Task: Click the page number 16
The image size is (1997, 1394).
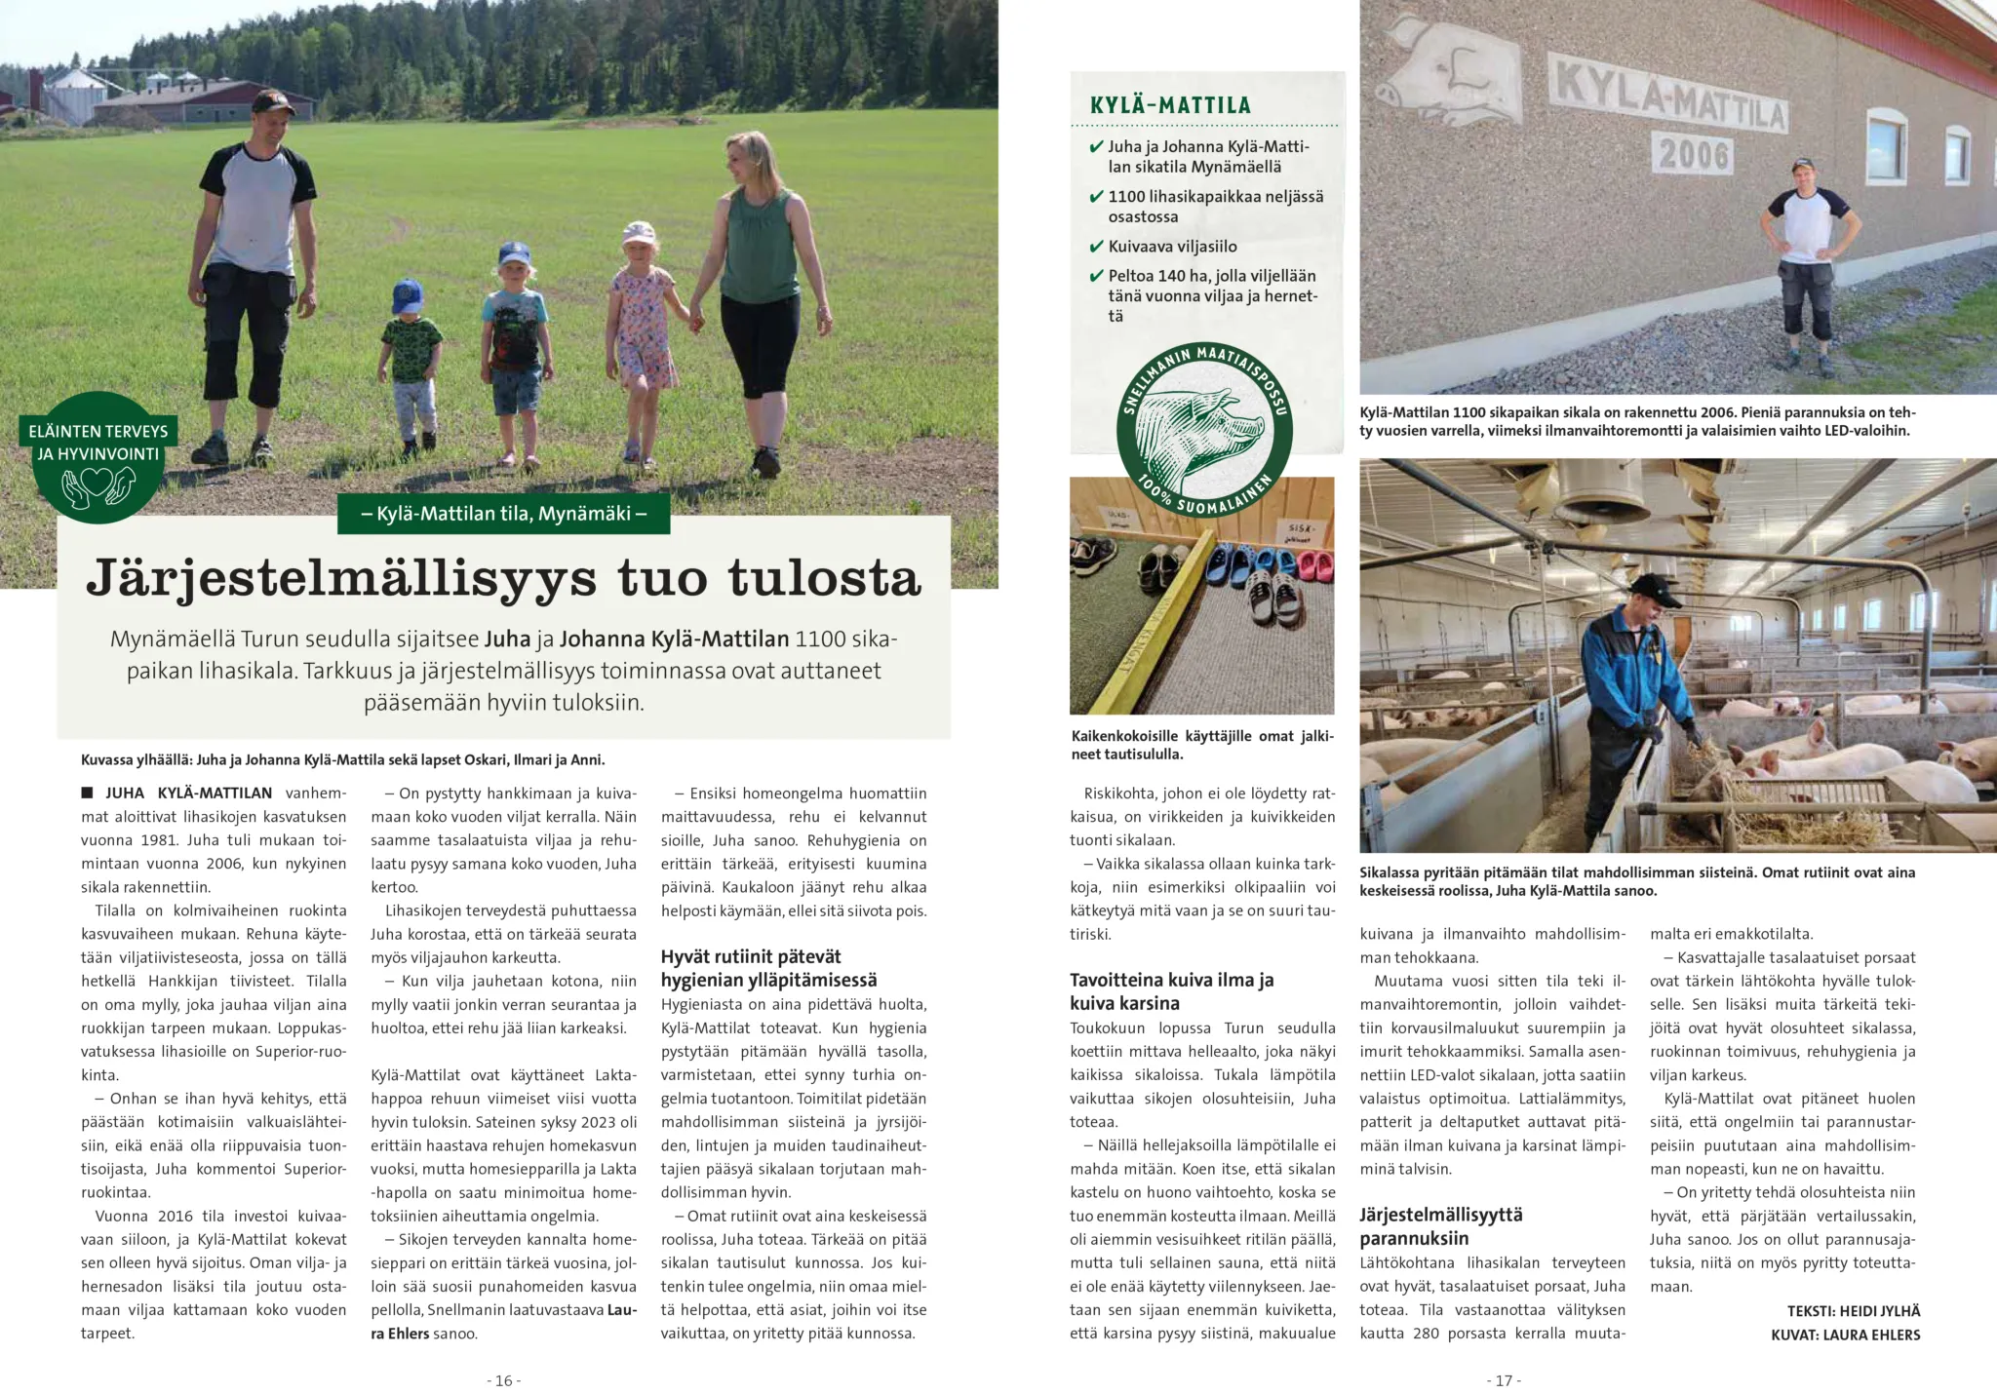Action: (x=503, y=1380)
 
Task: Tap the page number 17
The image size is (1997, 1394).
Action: (x=1503, y=1380)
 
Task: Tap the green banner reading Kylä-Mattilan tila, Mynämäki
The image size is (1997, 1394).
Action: (x=503, y=514)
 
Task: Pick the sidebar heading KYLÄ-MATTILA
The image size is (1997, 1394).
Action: (x=1170, y=105)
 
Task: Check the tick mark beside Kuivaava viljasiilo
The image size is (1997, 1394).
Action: (x=1096, y=247)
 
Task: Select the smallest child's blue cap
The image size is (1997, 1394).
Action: (x=407, y=294)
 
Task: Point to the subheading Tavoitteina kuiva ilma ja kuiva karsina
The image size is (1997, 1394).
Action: (x=1171, y=991)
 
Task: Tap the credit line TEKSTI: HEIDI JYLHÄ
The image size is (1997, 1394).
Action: (x=1853, y=1311)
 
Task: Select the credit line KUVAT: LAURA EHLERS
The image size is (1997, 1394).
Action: (x=1845, y=1335)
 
